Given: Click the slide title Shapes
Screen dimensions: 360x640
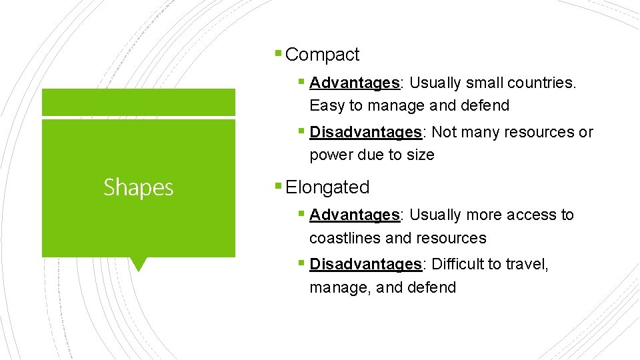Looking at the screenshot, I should [138, 188].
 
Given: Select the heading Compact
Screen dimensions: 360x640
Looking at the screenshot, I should [322, 55].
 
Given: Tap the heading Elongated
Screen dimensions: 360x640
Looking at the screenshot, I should [327, 187].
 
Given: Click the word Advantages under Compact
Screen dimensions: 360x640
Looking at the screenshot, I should [354, 83].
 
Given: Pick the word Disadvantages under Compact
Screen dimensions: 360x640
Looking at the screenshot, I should [365, 132].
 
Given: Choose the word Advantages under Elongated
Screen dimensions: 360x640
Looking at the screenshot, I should [354, 215].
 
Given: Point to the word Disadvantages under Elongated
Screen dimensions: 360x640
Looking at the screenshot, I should [365, 264].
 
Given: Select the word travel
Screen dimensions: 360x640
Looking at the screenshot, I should [527, 264].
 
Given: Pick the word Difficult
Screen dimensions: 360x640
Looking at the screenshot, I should [457, 264].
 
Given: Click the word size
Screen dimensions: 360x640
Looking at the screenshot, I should [420, 155].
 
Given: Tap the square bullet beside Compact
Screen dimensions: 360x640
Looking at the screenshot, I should [278, 53].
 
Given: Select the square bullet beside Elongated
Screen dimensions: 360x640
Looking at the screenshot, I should [278, 186].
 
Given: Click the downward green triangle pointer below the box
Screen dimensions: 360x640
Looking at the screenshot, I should [138, 264].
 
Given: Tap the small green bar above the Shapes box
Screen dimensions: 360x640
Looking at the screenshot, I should [138, 102].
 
